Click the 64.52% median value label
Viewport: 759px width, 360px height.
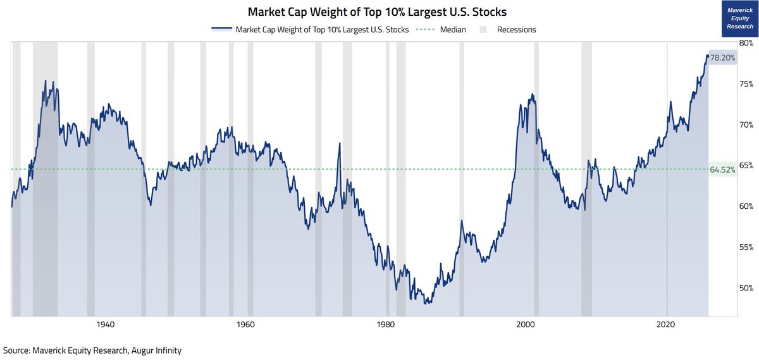point(722,170)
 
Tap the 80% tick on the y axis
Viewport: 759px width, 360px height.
point(746,43)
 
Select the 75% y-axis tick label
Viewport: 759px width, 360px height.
point(746,84)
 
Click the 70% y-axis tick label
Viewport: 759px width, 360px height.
point(746,125)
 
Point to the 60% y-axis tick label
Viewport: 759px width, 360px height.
point(746,206)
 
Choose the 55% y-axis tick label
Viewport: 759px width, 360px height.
point(746,247)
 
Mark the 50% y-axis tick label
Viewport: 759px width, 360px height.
point(746,288)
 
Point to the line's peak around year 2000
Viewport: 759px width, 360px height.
point(533,94)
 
